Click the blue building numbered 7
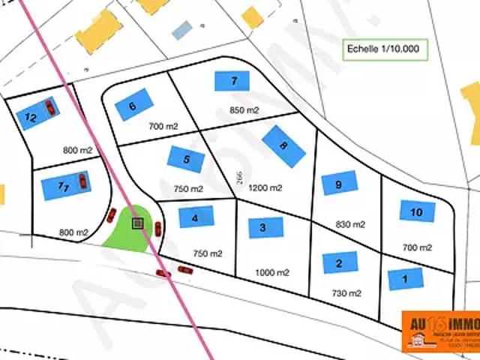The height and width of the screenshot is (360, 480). [x=232, y=81]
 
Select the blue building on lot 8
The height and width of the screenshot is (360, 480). [x=284, y=145]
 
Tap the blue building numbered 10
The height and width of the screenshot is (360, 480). [x=417, y=211]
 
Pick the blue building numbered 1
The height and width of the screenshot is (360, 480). [x=405, y=279]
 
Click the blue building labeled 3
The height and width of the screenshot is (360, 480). [x=265, y=227]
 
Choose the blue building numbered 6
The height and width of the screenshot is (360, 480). [x=135, y=106]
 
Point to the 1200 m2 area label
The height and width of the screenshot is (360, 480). [x=265, y=187]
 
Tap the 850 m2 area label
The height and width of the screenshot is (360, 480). [x=244, y=110]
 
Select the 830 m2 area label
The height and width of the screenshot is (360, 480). [x=349, y=224]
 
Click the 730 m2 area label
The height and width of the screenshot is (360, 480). [x=346, y=293]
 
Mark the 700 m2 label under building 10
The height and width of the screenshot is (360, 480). [x=417, y=247]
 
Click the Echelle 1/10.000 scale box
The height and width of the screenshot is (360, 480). [x=383, y=50]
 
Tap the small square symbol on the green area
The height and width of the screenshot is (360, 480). [x=137, y=223]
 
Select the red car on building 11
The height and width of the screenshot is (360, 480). [x=82, y=181]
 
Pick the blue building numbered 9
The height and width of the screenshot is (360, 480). [x=340, y=183]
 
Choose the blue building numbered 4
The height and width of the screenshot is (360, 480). [x=196, y=217]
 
